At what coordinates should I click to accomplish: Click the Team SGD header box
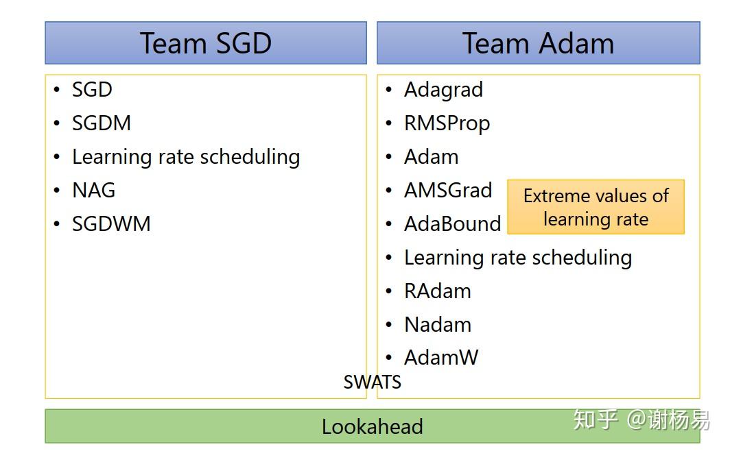coord(206,43)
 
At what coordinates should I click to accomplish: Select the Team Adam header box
coord(538,43)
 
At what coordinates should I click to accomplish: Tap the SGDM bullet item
coord(102,123)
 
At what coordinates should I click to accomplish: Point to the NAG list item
coord(93,190)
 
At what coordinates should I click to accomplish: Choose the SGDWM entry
coord(111,224)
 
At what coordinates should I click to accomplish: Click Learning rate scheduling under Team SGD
coord(186,157)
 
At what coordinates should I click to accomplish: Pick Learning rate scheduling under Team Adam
coord(517,258)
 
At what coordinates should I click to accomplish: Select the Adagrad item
coord(443,90)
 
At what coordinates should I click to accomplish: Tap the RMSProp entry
coord(447,123)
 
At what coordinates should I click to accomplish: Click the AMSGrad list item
coord(448,190)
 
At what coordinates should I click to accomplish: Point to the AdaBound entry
coord(452,224)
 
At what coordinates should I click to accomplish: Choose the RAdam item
coord(437,291)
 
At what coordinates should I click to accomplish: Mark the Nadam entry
coord(437,324)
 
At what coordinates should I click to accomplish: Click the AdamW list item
coord(440,357)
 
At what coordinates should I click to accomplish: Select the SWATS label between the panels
coord(372,382)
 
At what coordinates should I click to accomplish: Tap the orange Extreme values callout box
coord(596,207)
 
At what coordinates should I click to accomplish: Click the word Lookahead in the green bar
coord(372,427)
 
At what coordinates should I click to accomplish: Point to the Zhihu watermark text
coord(641,419)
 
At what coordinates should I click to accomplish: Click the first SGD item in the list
coord(92,90)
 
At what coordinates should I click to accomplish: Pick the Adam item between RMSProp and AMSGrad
coord(431,157)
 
